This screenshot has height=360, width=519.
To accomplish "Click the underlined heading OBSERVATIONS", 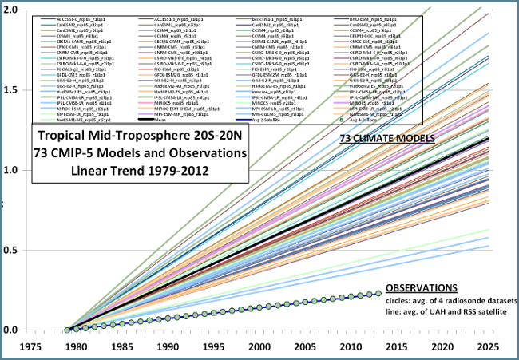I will tap(421, 287).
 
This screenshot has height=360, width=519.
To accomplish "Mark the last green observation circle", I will tap(378, 293).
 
